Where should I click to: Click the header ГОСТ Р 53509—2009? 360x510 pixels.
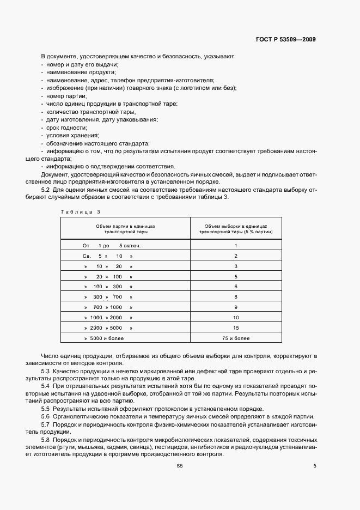point(286,40)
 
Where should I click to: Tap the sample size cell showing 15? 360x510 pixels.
point(236,327)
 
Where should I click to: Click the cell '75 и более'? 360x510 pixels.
point(236,338)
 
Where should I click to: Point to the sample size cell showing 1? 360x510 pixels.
point(236,245)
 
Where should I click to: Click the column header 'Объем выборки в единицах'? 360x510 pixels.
point(236,226)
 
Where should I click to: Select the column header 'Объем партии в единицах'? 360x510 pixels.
point(125,226)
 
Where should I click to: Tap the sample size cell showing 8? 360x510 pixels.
point(236,296)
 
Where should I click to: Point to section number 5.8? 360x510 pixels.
point(46,439)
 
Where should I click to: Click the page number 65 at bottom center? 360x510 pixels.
point(180,465)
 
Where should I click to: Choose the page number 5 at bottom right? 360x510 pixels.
point(315,465)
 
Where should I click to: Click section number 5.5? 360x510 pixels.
point(46,408)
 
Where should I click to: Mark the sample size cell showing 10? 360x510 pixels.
point(236,317)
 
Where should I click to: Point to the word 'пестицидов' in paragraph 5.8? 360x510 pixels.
point(172,447)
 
